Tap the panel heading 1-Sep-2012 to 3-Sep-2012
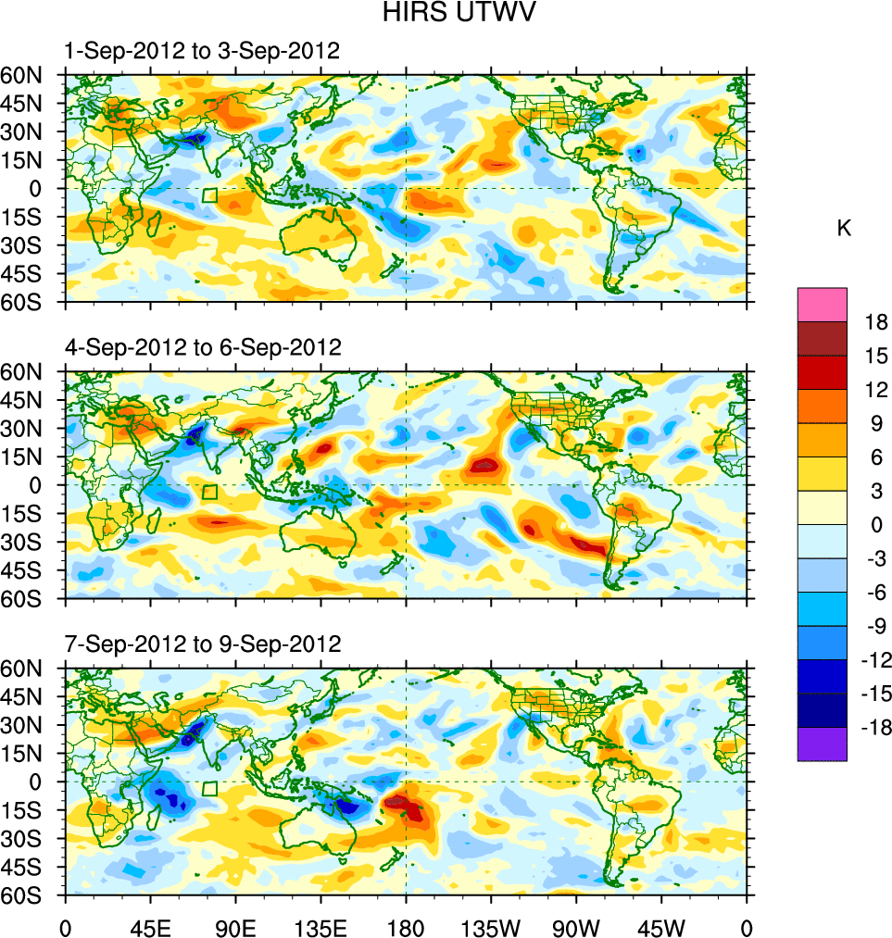point(202,51)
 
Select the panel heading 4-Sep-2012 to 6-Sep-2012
point(202,347)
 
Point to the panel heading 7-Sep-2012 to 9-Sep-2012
point(202,644)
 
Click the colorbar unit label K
point(844,229)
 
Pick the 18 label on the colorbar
point(876,322)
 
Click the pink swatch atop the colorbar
point(823,304)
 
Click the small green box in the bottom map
point(209,788)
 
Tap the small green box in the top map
point(209,195)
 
